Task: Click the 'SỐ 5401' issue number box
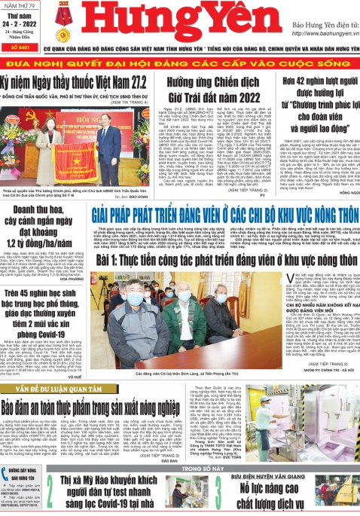point(22,47)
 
